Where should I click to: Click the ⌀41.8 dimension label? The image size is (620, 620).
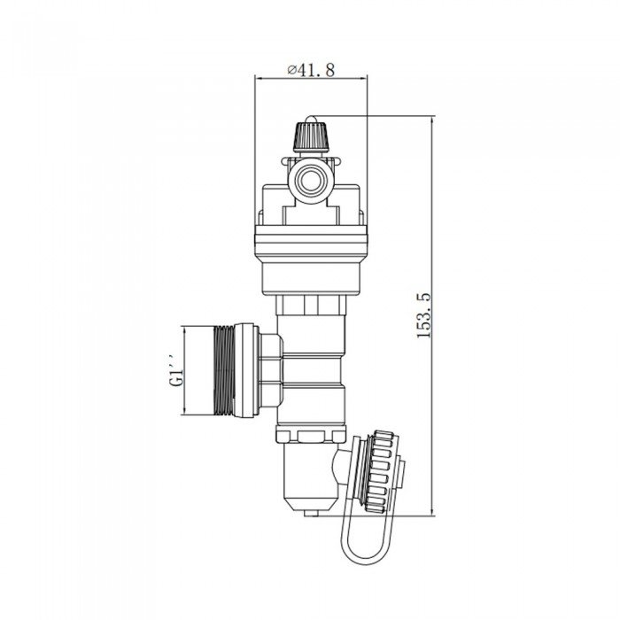311,70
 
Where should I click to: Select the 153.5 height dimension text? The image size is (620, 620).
423,315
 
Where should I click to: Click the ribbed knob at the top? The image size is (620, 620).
311,136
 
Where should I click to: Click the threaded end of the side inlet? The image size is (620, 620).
224,370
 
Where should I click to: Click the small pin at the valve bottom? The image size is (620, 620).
311,513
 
